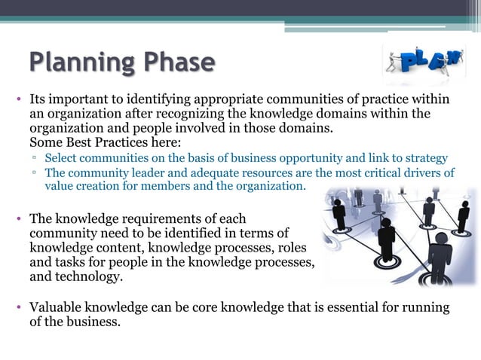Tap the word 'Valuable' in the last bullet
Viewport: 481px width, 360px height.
click(57, 307)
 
